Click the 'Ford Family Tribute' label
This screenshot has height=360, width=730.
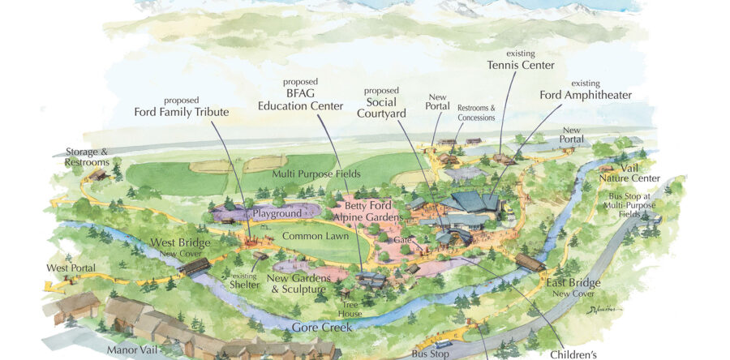point(182,112)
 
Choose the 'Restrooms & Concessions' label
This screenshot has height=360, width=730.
point(476,113)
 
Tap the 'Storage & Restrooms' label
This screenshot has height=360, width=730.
point(87,156)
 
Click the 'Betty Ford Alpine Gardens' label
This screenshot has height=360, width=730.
point(374,211)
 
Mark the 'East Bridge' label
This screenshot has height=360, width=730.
point(573,283)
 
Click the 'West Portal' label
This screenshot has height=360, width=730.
point(71,268)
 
